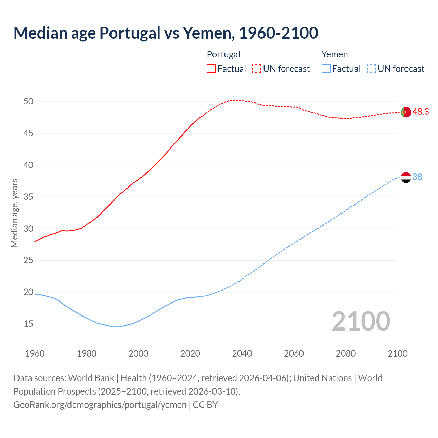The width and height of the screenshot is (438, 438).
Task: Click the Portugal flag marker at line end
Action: [405, 112]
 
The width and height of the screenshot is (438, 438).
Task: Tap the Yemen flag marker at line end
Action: [405, 177]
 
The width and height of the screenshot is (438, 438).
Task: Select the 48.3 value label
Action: [421, 112]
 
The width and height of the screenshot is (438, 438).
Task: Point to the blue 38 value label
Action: [417, 177]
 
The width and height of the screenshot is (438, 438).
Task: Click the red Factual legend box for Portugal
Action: [211, 69]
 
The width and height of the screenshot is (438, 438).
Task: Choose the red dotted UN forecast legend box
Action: [257, 69]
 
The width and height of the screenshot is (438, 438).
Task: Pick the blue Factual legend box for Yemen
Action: [326, 69]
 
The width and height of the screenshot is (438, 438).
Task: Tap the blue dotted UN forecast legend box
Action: [371, 69]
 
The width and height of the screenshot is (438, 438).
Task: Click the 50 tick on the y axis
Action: [28, 101]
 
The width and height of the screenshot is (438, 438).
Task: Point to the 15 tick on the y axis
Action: [28, 324]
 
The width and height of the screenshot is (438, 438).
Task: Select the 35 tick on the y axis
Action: [28, 197]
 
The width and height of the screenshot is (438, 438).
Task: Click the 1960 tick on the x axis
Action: [35, 353]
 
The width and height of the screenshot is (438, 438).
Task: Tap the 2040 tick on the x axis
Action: [242, 353]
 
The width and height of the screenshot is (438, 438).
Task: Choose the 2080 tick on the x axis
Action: [346, 353]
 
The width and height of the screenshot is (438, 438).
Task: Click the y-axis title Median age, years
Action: [14, 213]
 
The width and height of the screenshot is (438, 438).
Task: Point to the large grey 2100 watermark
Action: [361, 321]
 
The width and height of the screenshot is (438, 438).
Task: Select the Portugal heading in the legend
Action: [223, 54]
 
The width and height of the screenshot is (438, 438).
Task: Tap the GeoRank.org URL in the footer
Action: [100, 405]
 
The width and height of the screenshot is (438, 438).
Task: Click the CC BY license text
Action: [205, 405]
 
